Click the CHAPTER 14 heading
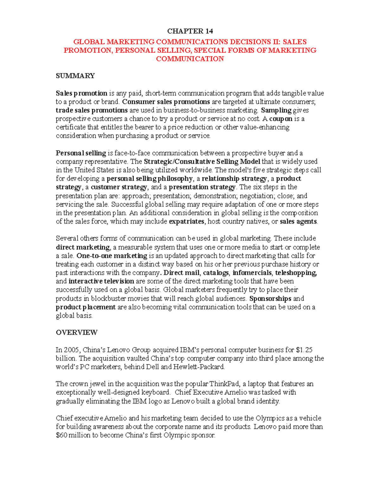coord(190,31)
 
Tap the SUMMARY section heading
coord(75,76)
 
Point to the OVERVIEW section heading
coord(77,333)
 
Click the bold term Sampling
coord(276,110)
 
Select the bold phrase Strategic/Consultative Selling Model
coord(202,162)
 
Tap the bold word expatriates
coord(187,221)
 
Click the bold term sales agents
coord(298,221)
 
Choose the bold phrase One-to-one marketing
coord(112,255)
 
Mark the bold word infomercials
coord(252,273)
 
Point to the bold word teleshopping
coord(296,273)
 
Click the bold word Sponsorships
coord(270,298)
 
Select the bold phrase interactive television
coord(101,281)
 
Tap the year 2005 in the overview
coord(72,350)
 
